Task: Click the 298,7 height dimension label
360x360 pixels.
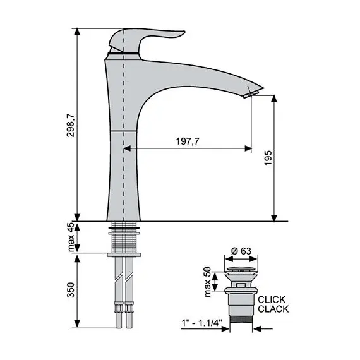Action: [x=71, y=125]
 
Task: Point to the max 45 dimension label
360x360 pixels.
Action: [x=71, y=237]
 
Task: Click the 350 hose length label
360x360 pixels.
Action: [x=71, y=289]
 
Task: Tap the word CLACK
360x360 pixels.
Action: [x=273, y=309]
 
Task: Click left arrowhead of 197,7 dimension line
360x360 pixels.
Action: [x=126, y=148]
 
